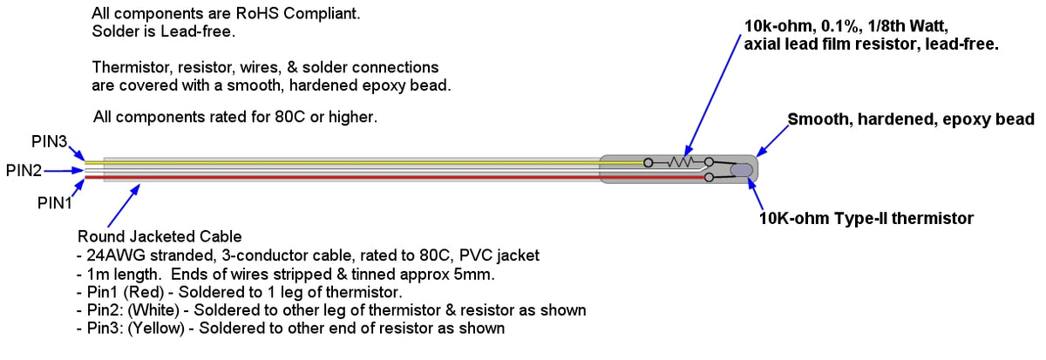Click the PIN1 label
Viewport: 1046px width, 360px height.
[53, 202]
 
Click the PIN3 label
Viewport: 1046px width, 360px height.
[49, 139]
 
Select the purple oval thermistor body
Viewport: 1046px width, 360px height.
[743, 170]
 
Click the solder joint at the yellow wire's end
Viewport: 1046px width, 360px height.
[648, 162]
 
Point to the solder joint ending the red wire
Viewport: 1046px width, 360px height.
[709, 178]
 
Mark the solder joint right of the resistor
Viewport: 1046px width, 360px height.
[709, 162]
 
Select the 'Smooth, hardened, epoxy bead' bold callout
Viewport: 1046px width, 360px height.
[910, 119]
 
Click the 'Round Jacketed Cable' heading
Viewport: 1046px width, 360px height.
[160, 236]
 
